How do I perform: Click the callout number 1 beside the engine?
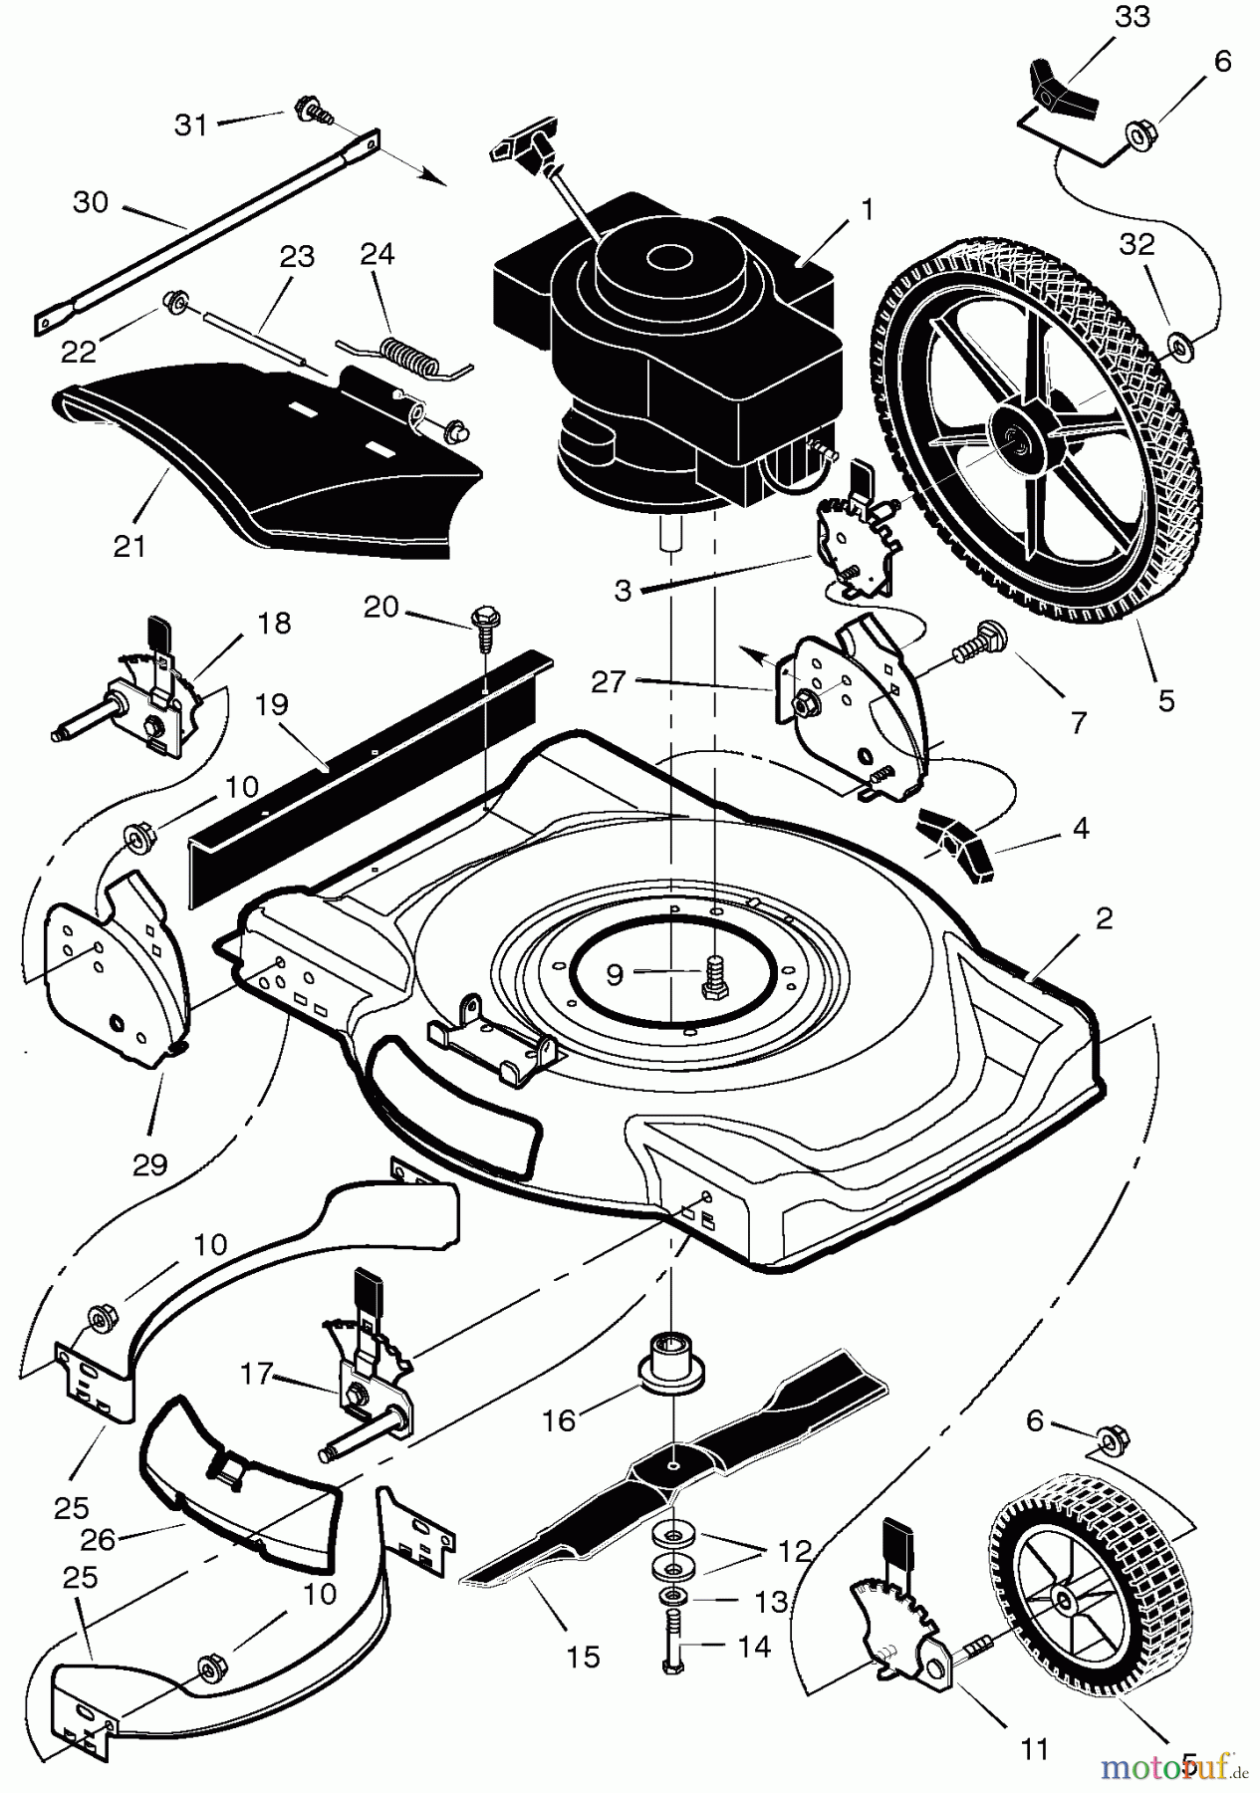[867, 210]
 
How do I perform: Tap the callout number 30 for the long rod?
[91, 202]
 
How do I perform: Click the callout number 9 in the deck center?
[615, 973]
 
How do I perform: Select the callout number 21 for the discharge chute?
[130, 546]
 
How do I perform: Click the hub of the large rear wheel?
[1018, 435]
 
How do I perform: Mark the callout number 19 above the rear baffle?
[271, 704]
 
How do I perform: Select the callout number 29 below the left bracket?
[150, 1163]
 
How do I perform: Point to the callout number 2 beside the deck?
[1104, 918]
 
